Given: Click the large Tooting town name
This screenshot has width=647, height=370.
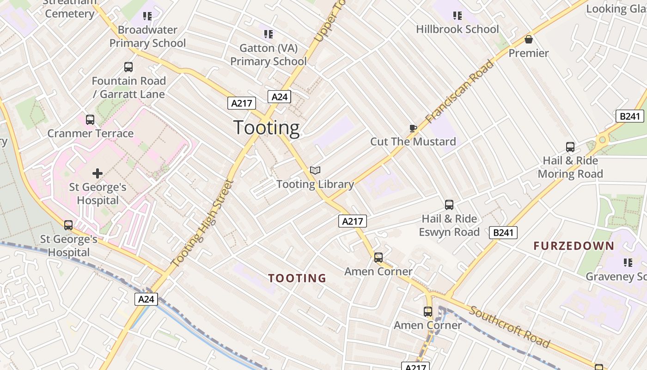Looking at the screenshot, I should (267, 128).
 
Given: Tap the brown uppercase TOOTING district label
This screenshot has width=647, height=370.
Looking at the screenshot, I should (297, 278).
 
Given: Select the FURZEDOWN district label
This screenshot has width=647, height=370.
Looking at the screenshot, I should (574, 246).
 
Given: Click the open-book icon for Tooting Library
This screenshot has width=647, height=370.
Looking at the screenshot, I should (315, 171).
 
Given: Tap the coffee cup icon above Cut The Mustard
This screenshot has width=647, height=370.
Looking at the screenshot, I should (413, 128).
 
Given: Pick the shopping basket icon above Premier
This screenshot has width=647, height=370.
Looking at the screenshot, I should (529, 40).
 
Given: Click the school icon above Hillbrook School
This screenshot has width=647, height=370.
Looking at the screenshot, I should (458, 16).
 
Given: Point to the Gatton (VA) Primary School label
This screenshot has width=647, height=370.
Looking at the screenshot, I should (269, 55).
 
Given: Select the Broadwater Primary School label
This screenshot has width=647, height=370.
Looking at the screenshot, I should (147, 37).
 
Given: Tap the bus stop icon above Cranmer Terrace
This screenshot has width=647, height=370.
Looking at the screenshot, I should (90, 120).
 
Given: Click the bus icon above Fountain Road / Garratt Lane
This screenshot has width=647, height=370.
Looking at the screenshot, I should (128, 67).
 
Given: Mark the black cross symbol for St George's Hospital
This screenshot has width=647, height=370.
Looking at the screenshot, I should (98, 173).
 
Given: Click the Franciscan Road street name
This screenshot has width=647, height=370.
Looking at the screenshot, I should (459, 92).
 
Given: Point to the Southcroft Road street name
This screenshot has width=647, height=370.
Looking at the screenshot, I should (509, 327).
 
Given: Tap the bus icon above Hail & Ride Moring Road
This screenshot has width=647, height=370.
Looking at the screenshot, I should (570, 147).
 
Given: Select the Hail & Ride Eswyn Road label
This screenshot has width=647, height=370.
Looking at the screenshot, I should (449, 225).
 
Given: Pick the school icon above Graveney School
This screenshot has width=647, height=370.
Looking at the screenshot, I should (628, 263).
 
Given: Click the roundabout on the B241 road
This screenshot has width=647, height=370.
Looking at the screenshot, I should (602, 139).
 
